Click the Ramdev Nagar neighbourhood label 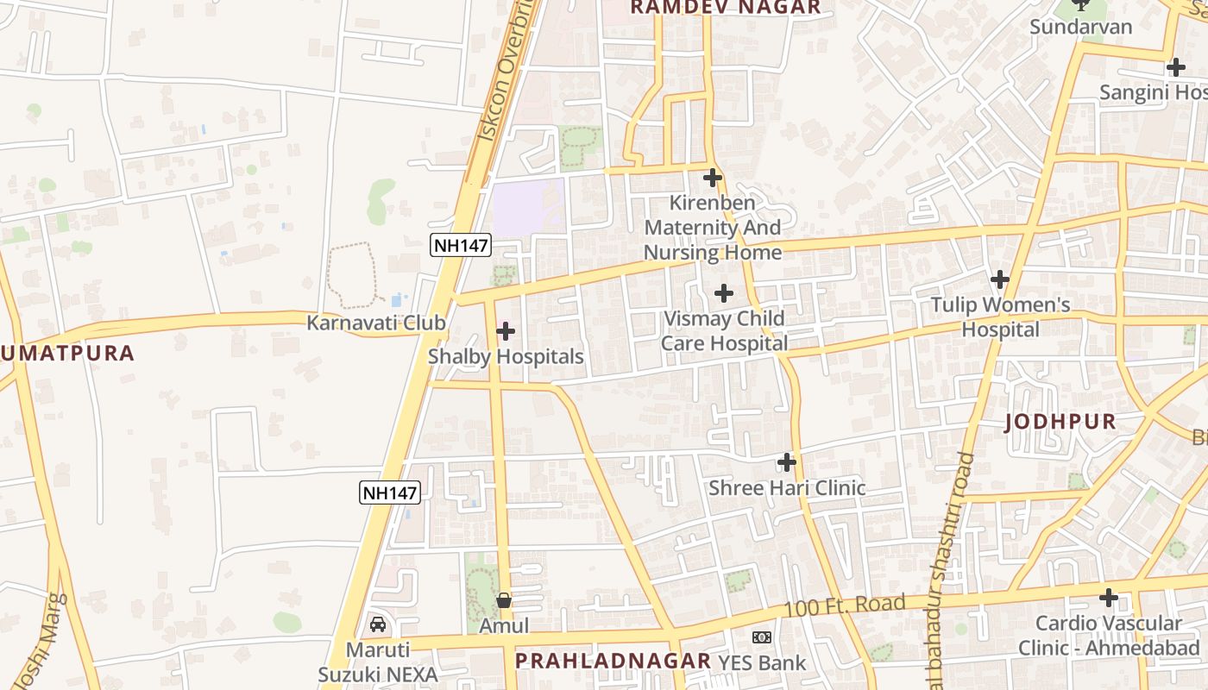coord(726,8)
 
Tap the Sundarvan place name coord(1080,27)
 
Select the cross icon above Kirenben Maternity coord(712,179)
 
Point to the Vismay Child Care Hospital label coord(724,331)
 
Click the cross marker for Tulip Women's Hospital coord(1000,279)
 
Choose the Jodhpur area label coord(1060,423)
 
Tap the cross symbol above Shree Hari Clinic coord(786,462)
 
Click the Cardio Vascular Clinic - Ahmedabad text coord(1109,636)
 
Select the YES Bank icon coord(761,637)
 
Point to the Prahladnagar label coord(613,662)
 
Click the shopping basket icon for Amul coord(504,599)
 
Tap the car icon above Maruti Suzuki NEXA coord(377,624)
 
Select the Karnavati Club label coord(376,323)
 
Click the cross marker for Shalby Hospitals coord(506,331)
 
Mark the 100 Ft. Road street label coord(844,605)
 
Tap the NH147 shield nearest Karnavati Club coord(461,245)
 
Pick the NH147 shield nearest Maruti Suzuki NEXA coord(389,493)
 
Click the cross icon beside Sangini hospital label coord(1175,67)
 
